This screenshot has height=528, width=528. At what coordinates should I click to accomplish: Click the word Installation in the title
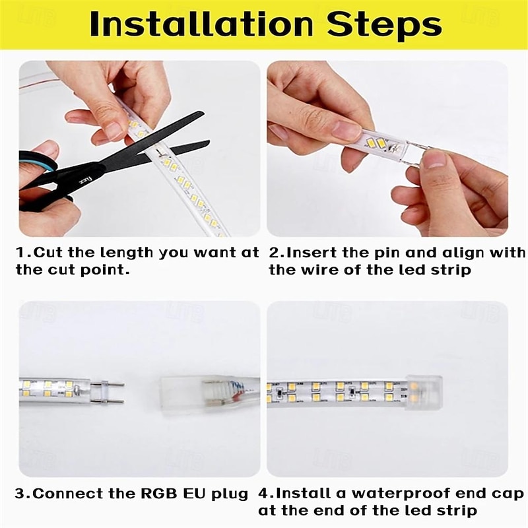click(x=202, y=24)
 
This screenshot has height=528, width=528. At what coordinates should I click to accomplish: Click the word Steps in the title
click(x=384, y=25)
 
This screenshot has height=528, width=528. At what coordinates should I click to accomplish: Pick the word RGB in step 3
click(x=159, y=493)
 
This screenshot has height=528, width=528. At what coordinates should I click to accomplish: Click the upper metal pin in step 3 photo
click(x=107, y=384)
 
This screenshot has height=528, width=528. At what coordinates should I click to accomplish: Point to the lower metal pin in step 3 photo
click(x=107, y=401)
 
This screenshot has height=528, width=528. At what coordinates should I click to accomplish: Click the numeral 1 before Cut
click(x=20, y=253)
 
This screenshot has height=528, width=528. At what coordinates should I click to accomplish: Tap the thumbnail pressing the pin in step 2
click(x=434, y=161)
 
